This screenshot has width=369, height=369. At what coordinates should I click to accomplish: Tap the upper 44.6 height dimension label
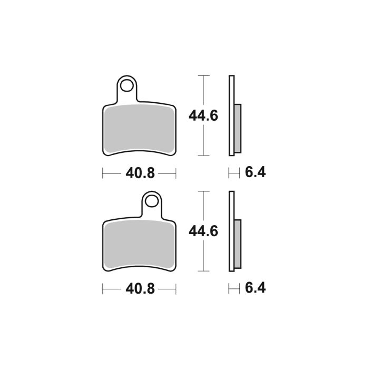203,115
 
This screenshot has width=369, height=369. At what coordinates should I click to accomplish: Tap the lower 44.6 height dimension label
203,231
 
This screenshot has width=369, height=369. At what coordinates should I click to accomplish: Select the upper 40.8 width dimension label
139,173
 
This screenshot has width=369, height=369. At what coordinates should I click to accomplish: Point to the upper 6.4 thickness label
255,172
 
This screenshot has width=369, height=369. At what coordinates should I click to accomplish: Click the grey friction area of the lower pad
139,245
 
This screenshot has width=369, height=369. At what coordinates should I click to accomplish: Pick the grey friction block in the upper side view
237,127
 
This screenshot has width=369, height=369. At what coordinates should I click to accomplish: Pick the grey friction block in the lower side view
237,242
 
